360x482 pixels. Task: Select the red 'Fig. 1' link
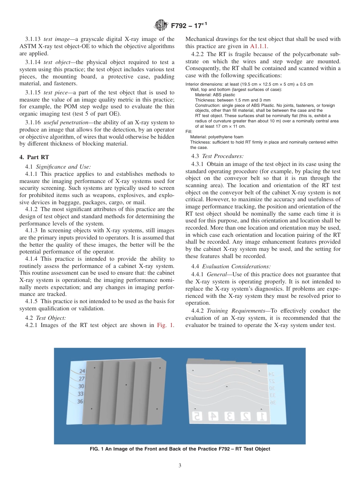pos(165,325)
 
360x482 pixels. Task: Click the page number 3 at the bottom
pos(180,465)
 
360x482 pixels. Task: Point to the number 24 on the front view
pos(82,371)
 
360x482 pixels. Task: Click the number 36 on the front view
pos(80,401)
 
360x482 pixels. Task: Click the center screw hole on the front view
pos(126,385)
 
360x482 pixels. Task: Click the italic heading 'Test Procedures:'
pos(222,156)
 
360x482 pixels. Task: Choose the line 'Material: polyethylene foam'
pos(217,137)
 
